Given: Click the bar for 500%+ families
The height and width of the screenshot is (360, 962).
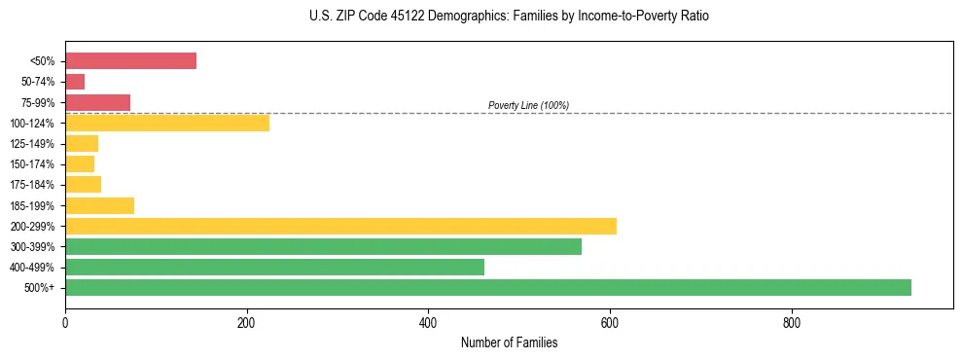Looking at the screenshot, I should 487,287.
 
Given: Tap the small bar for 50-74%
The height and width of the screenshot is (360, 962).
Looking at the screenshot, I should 75,82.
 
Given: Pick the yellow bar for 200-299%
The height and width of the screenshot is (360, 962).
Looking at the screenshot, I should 340,226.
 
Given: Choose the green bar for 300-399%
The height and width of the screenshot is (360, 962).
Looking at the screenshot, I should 323,246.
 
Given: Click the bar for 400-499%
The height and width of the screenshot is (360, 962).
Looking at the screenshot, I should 274,267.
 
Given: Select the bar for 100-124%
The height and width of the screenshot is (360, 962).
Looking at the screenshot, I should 167,123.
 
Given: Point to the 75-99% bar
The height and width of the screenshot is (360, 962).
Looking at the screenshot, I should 97,102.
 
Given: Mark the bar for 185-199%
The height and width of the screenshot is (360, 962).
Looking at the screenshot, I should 99,205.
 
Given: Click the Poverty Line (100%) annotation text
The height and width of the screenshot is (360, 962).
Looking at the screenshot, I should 528,105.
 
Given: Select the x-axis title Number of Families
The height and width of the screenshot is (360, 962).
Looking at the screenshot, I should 509,342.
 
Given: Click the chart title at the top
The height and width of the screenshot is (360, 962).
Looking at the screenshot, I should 510,17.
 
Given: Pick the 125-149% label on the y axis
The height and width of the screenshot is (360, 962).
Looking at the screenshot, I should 32,144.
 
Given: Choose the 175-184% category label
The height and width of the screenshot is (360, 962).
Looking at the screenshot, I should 32,185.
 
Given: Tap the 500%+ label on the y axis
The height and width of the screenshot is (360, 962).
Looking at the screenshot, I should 39,288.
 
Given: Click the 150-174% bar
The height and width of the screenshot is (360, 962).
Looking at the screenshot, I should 80,163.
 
